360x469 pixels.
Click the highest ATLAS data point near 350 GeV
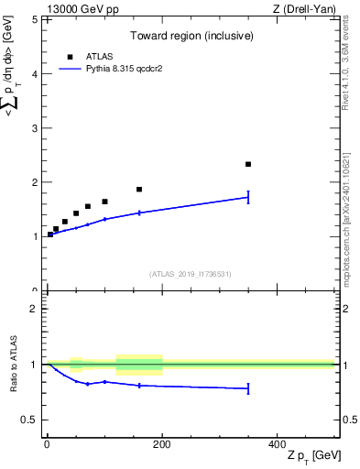tap(248, 164)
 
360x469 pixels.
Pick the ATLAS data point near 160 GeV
tap(139, 190)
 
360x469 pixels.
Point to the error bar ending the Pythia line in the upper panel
tap(248, 197)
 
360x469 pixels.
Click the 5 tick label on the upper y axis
tap(34, 19)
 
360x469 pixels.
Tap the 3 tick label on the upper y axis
tap(34, 128)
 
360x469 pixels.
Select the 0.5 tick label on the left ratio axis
tap(29, 420)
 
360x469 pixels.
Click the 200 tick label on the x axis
tap(162, 443)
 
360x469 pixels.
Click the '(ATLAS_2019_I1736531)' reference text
tap(191, 274)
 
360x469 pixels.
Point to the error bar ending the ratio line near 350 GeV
tap(248, 388)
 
